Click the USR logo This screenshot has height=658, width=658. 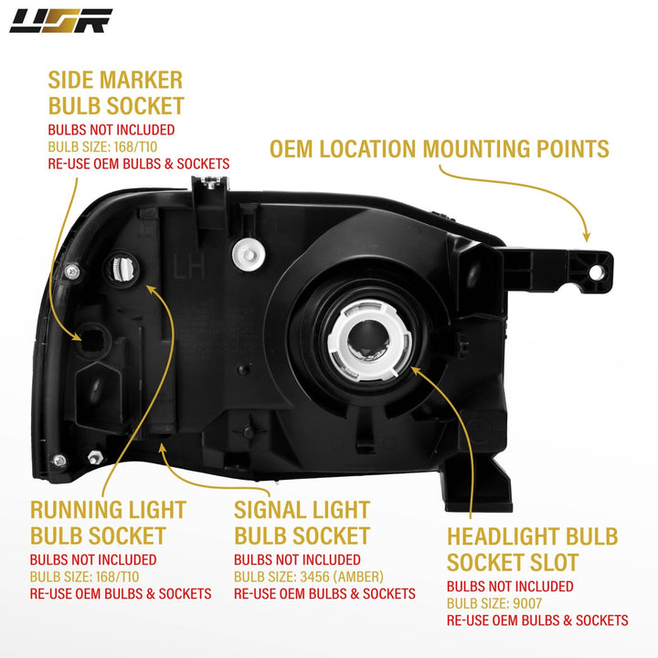[x=61, y=20]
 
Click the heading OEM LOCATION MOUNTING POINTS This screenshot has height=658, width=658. [x=439, y=148]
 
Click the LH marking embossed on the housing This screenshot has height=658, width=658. [x=183, y=266]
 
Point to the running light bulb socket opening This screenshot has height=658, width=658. [x=122, y=270]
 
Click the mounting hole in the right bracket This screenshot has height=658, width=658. [x=595, y=271]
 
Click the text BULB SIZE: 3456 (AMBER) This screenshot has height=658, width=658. [x=309, y=577]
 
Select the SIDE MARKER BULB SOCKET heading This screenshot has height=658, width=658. [x=116, y=92]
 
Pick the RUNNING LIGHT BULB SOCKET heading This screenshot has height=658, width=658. [x=108, y=523]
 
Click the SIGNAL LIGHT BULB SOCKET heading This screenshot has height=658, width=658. [x=302, y=523]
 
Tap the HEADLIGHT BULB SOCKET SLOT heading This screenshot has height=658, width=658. [x=532, y=549]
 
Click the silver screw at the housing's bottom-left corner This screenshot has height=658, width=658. [x=59, y=459]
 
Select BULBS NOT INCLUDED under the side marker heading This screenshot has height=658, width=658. [x=111, y=130]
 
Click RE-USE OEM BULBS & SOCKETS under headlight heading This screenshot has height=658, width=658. [x=537, y=621]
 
